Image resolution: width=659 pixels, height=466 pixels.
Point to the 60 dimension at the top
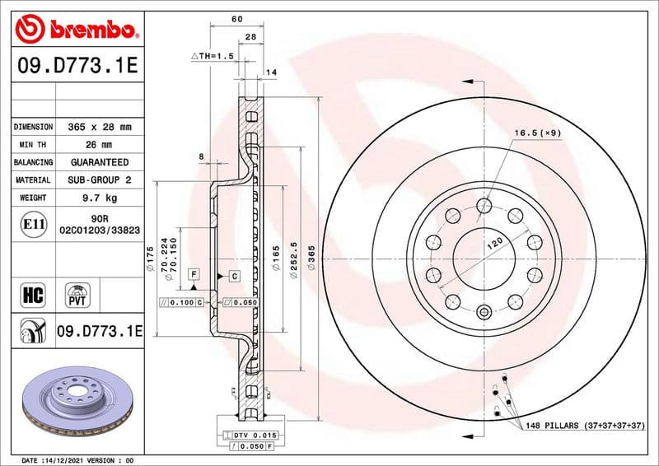[x=237, y=18]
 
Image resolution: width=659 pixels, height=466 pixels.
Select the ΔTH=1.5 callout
[x=213, y=56]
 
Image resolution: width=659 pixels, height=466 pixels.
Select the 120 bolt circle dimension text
[x=495, y=242]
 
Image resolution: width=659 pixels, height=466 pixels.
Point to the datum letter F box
[x=193, y=273]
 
